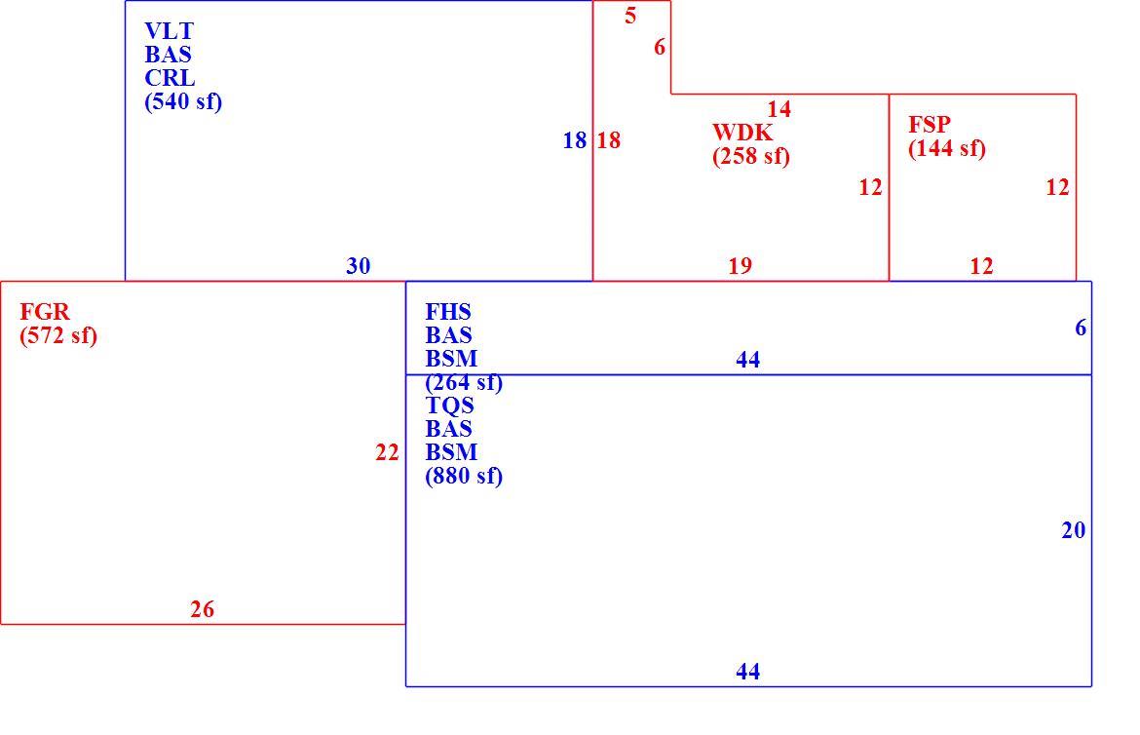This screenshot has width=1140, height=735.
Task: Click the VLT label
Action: [170, 31]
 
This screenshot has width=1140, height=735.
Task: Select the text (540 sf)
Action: [183, 101]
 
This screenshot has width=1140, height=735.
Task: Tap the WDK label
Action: [742, 133]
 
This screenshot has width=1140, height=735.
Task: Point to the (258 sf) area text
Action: [751, 157]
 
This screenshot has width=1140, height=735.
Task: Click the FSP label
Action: [930, 125]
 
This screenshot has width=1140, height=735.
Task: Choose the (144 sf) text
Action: [947, 148]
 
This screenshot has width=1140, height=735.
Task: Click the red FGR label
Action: [45, 312]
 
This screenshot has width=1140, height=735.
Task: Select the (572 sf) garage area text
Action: [58, 336]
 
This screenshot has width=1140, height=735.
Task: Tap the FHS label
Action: [448, 312]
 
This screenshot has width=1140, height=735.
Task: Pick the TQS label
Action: [449, 406]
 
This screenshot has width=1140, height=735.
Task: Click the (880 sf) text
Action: [464, 476]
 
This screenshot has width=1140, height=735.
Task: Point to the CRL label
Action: [170, 78]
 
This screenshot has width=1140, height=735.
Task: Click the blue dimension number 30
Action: [358, 266]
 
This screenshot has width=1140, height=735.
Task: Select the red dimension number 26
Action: [202, 610]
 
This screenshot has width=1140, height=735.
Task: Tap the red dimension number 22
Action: [387, 453]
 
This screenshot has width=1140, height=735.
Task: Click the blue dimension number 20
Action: [1073, 530]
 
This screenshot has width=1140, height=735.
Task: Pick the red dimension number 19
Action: [741, 266]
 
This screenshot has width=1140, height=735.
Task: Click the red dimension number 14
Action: [779, 110]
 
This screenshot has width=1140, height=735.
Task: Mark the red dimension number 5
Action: [630, 16]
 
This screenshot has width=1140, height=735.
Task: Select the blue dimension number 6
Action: [1081, 329]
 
